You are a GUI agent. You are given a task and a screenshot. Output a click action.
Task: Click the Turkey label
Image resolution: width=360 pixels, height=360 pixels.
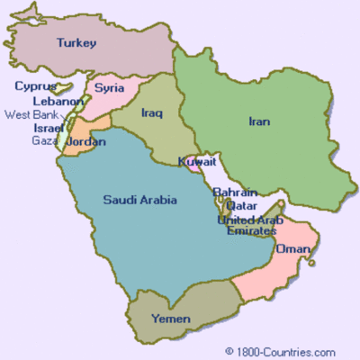coord(76,42)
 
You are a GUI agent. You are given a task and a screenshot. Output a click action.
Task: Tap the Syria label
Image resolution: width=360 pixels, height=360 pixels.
coord(110,88)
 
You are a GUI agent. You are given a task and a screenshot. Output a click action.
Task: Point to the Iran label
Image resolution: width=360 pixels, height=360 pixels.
coord(261,121)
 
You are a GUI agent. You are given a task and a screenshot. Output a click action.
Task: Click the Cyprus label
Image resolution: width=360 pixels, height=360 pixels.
coord(35,87)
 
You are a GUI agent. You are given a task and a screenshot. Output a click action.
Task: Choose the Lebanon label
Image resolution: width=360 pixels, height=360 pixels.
coord(58,102)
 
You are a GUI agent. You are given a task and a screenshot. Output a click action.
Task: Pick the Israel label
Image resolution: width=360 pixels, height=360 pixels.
coord(49,128)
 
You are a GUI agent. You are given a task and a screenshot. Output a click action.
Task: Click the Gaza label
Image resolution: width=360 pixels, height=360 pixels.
coord(43,140)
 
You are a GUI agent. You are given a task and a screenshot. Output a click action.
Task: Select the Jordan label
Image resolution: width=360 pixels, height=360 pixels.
coord(86,142)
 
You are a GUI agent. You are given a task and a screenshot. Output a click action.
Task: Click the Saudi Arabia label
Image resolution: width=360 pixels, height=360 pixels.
coord(139,199)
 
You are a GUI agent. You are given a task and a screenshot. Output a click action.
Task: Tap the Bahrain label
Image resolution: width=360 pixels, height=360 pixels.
coord(235,193)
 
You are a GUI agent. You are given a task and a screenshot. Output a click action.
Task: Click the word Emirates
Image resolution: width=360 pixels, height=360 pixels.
coord(247,231)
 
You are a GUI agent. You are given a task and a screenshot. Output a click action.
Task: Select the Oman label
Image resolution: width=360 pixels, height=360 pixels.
coord(293,249)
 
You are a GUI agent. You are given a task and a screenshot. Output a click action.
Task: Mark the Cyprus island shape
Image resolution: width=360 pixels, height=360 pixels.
coord(63,86)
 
